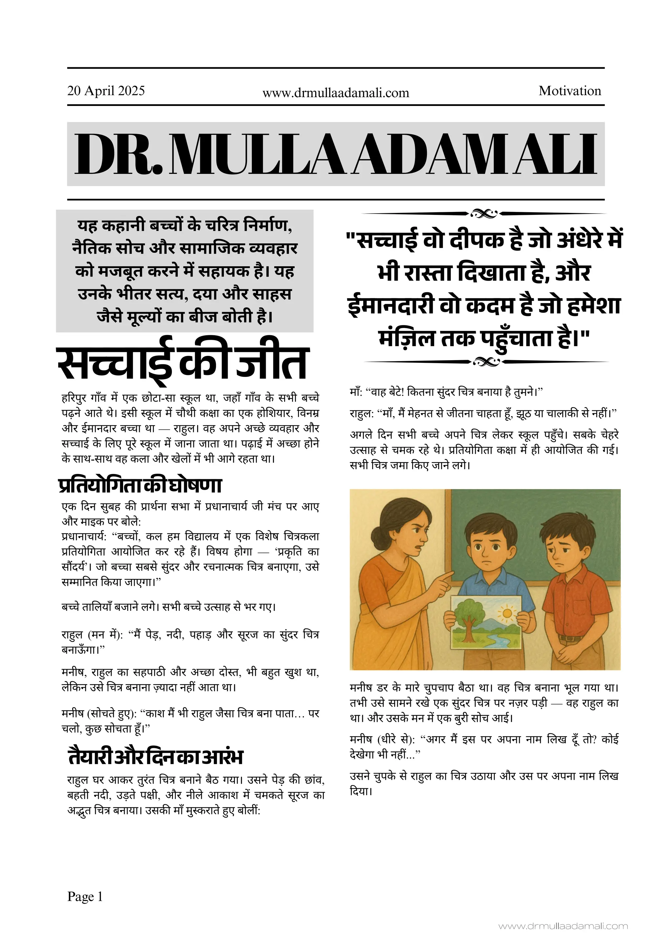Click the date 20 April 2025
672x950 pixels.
106,91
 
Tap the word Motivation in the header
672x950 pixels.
569,91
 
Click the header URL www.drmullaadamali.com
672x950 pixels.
336,93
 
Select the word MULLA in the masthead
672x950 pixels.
257,154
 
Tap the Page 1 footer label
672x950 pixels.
85,897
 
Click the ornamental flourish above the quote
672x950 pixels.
484,214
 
